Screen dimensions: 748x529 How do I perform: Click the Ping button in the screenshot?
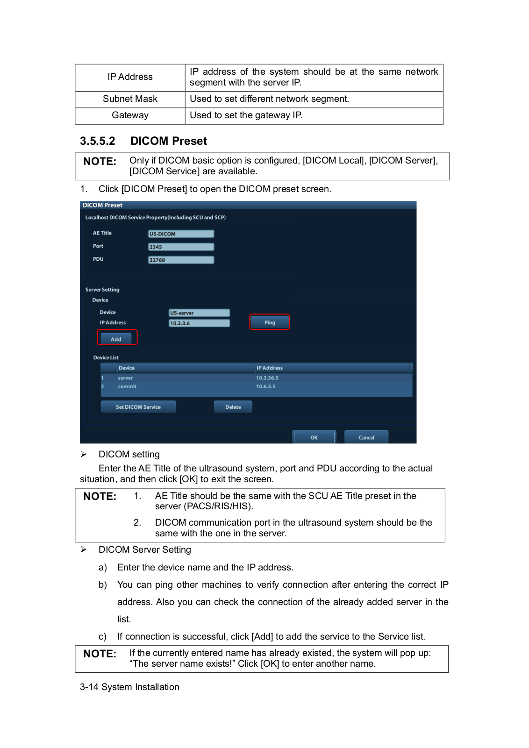click(x=270, y=322)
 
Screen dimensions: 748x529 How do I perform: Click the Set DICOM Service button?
click(x=138, y=407)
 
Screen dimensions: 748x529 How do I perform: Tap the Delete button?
click(x=233, y=407)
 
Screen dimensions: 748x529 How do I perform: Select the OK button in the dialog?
click(x=314, y=437)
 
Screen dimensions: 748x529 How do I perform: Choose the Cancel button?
click(x=366, y=437)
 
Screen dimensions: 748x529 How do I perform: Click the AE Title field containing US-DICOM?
click(x=181, y=234)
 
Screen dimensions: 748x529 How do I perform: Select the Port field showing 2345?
click(x=181, y=247)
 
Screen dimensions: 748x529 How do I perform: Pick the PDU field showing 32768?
click(x=181, y=260)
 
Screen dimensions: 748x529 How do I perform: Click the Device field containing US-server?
click(x=199, y=313)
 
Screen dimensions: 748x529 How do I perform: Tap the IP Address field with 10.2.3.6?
click(x=199, y=323)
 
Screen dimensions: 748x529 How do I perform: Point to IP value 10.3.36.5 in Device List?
click(x=267, y=378)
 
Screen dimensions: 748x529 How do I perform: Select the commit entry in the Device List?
click(x=127, y=386)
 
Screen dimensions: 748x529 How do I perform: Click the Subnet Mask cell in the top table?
click(x=130, y=99)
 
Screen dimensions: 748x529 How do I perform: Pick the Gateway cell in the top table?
click(x=130, y=115)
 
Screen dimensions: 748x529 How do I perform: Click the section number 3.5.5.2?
click(x=97, y=141)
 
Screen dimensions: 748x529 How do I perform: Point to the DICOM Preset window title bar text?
click(x=102, y=205)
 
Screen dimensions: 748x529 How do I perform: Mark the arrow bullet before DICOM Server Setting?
click(x=84, y=549)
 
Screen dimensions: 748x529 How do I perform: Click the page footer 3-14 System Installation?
click(x=129, y=687)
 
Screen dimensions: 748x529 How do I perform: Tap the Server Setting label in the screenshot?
click(x=102, y=290)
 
